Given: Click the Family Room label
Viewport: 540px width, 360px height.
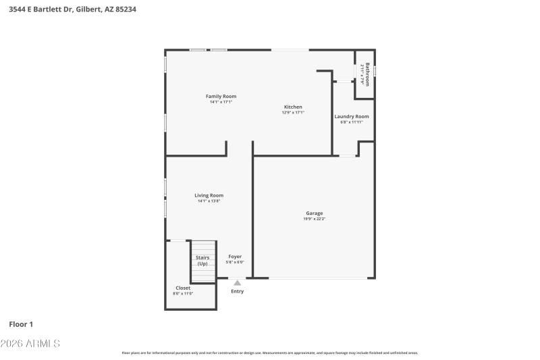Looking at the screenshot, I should tap(221, 97).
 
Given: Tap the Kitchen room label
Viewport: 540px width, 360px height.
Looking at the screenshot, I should tap(293, 107).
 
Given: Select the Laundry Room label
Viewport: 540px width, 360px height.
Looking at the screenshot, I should tap(352, 116).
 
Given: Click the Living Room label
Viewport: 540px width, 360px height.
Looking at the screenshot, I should tap(209, 195).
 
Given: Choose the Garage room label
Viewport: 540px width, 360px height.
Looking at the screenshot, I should tap(314, 213).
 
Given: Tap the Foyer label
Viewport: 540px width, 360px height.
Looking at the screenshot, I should tap(234, 257).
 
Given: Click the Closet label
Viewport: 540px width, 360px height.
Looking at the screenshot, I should tap(182, 288).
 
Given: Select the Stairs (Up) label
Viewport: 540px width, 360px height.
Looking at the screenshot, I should tap(202, 260).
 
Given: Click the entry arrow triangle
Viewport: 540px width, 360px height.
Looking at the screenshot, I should tap(237, 283).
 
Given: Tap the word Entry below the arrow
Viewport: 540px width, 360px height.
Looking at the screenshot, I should tap(238, 291).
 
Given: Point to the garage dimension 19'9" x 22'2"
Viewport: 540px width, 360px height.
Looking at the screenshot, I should tap(314, 219).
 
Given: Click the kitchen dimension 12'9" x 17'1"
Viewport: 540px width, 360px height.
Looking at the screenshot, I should tap(293, 113).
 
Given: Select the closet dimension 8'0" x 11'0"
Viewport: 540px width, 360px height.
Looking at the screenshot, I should tap(182, 294).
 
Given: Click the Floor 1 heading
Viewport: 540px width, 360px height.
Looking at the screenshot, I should tap(21, 324).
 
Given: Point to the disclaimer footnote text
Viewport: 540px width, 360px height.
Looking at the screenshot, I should tap(269, 353).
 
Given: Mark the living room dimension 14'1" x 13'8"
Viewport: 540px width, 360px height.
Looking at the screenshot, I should tap(209, 201).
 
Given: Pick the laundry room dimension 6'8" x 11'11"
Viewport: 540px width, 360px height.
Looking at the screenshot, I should tap(352, 122).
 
